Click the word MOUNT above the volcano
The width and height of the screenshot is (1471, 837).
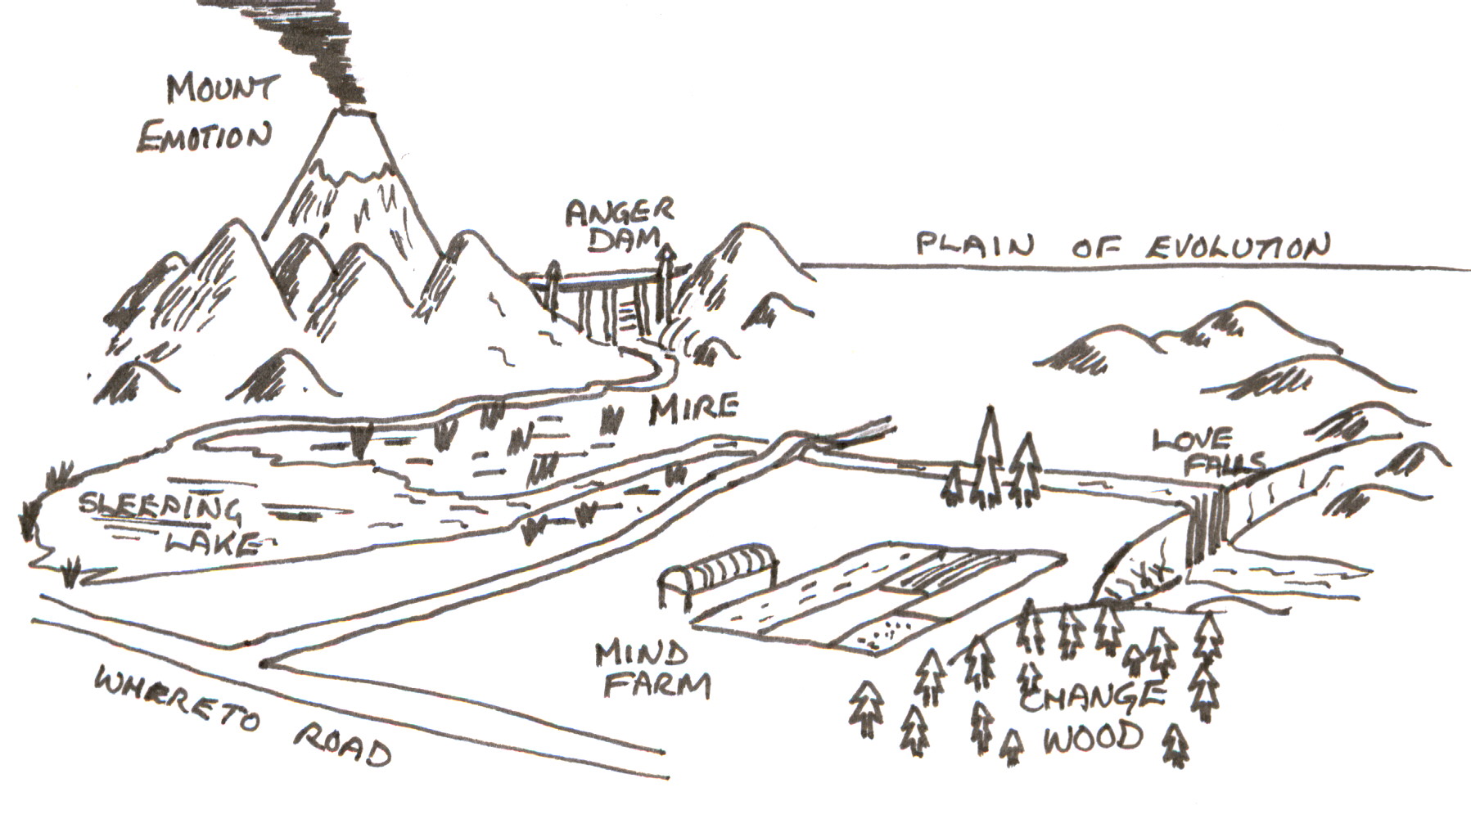pyautogui.click(x=222, y=88)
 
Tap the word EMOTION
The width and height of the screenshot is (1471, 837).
pyautogui.click(x=204, y=137)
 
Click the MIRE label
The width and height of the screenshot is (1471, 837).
pyautogui.click(x=693, y=408)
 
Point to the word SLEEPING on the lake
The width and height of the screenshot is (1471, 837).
pyautogui.click(x=160, y=507)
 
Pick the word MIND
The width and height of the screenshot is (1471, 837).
pyautogui.click(x=641, y=653)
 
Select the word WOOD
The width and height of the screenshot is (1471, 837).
pyautogui.click(x=1091, y=736)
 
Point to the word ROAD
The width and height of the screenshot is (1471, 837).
pyautogui.click(x=343, y=745)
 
